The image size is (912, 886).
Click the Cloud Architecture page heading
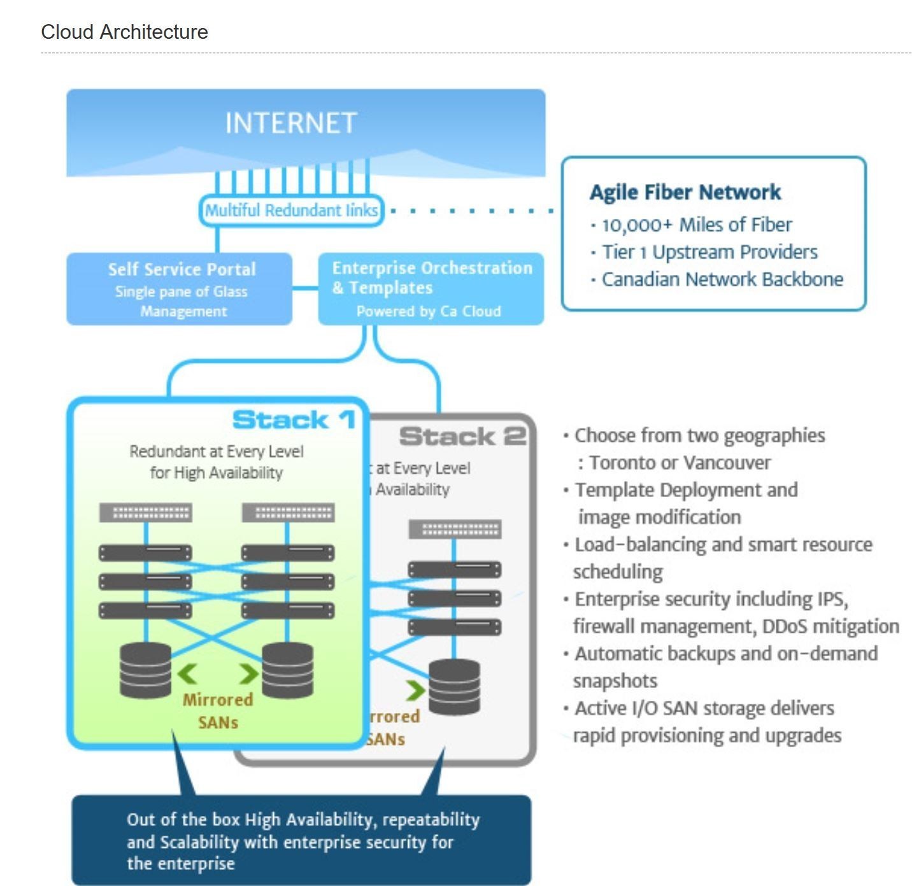124,32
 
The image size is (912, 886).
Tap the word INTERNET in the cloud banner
290,123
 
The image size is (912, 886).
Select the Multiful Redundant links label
291,211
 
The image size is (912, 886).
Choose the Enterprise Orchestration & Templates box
431,289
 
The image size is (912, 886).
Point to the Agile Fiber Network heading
685,192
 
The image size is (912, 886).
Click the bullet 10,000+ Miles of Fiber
697,225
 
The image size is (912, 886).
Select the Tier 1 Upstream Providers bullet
709,252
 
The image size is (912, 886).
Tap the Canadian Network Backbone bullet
722,279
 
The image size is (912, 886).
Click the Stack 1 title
294,420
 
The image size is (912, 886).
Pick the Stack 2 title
462,437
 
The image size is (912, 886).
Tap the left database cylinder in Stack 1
146,670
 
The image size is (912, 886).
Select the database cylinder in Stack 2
454,687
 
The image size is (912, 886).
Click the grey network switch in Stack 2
455,529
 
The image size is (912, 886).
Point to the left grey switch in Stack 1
146,512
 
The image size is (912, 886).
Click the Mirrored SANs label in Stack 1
218,711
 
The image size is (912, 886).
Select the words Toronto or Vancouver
680,463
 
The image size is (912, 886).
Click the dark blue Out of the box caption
301,840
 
